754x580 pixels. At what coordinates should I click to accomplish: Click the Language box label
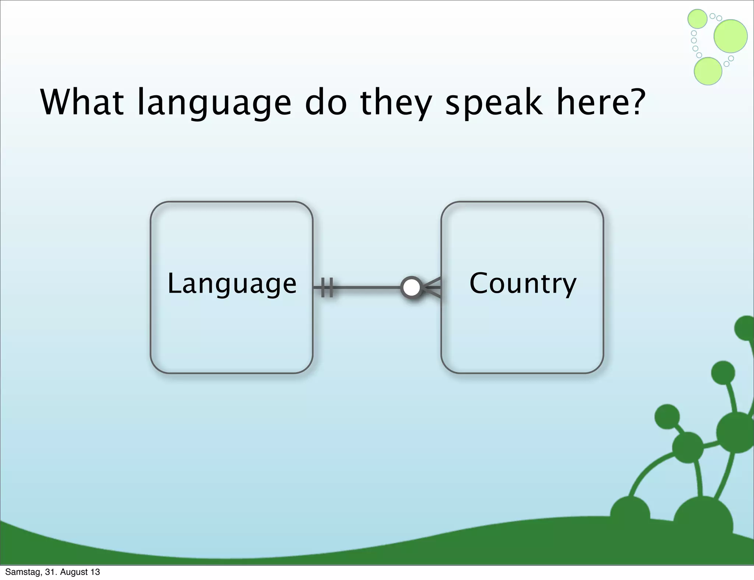(x=232, y=284)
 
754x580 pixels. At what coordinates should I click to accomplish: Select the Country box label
(x=522, y=284)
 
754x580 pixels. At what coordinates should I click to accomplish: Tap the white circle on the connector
(x=411, y=287)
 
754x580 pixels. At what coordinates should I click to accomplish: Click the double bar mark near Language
(x=327, y=287)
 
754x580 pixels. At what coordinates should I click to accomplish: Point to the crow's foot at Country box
(x=433, y=287)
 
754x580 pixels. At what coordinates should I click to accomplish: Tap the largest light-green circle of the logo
(x=730, y=36)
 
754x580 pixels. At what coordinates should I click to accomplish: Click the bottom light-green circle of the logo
(x=708, y=71)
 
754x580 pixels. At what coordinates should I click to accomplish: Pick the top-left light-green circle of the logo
(x=697, y=19)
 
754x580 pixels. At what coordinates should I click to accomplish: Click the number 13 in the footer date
(x=95, y=572)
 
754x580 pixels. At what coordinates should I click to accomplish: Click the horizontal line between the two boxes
(x=368, y=287)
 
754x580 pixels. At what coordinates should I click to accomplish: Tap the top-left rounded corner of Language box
(x=156, y=208)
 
